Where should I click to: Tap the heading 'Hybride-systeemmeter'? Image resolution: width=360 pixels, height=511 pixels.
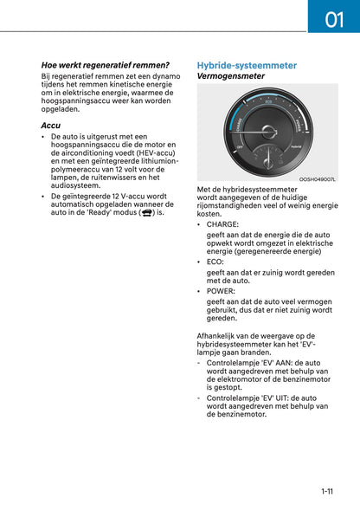click(x=247, y=65)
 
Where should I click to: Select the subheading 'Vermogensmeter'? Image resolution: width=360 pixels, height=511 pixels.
click(x=231, y=76)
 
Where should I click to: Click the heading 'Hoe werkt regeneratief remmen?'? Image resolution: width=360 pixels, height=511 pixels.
click(x=106, y=65)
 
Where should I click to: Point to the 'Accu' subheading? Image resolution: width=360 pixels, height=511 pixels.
click(x=51, y=126)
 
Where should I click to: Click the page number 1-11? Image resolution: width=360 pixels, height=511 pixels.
click(x=327, y=491)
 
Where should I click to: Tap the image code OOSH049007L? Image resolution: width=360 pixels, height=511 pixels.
click(x=318, y=179)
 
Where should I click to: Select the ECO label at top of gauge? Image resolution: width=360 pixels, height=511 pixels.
click(x=267, y=102)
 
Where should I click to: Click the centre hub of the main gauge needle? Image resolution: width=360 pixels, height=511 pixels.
click(x=267, y=132)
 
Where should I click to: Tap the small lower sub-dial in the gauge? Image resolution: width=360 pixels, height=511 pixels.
click(x=268, y=158)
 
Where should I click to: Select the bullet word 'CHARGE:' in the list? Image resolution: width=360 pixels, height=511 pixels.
click(x=223, y=224)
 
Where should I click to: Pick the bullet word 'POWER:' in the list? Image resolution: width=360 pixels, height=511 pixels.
click(x=221, y=291)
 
